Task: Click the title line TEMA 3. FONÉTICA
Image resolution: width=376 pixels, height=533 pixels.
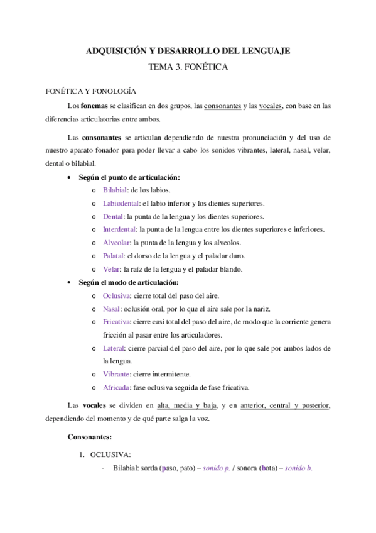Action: (188, 66)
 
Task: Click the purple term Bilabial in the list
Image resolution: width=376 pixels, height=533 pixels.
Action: (115, 190)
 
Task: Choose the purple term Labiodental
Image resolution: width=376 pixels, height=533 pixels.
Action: (121, 203)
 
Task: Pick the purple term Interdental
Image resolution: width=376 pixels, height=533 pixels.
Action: (119, 229)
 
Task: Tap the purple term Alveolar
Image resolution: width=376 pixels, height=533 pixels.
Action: (116, 243)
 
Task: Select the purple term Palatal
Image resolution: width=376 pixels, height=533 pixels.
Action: (114, 256)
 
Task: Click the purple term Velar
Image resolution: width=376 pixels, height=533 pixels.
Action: (111, 269)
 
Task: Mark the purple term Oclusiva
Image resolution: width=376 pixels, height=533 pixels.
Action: (117, 295)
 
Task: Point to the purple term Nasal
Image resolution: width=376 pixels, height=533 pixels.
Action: (112, 309)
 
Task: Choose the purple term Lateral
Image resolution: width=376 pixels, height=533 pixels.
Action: (114, 348)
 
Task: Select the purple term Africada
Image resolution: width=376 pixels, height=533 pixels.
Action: (117, 387)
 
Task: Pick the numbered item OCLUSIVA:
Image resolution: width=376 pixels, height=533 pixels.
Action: (111, 454)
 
